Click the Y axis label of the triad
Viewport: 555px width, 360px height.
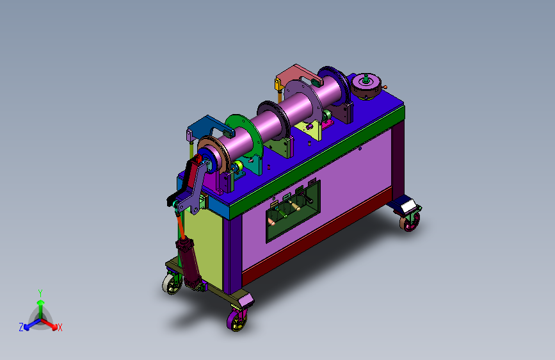click(40, 293)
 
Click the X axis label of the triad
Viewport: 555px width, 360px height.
click(60, 327)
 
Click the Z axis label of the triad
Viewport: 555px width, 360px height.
click(21, 327)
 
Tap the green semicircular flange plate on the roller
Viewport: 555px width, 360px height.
click(248, 134)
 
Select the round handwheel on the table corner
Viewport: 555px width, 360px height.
click(366, 86)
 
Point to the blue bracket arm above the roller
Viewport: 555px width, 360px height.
click(209, 125)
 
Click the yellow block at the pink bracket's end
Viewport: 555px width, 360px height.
click(278, 85)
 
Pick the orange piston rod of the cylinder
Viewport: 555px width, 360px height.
click(181, 227)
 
